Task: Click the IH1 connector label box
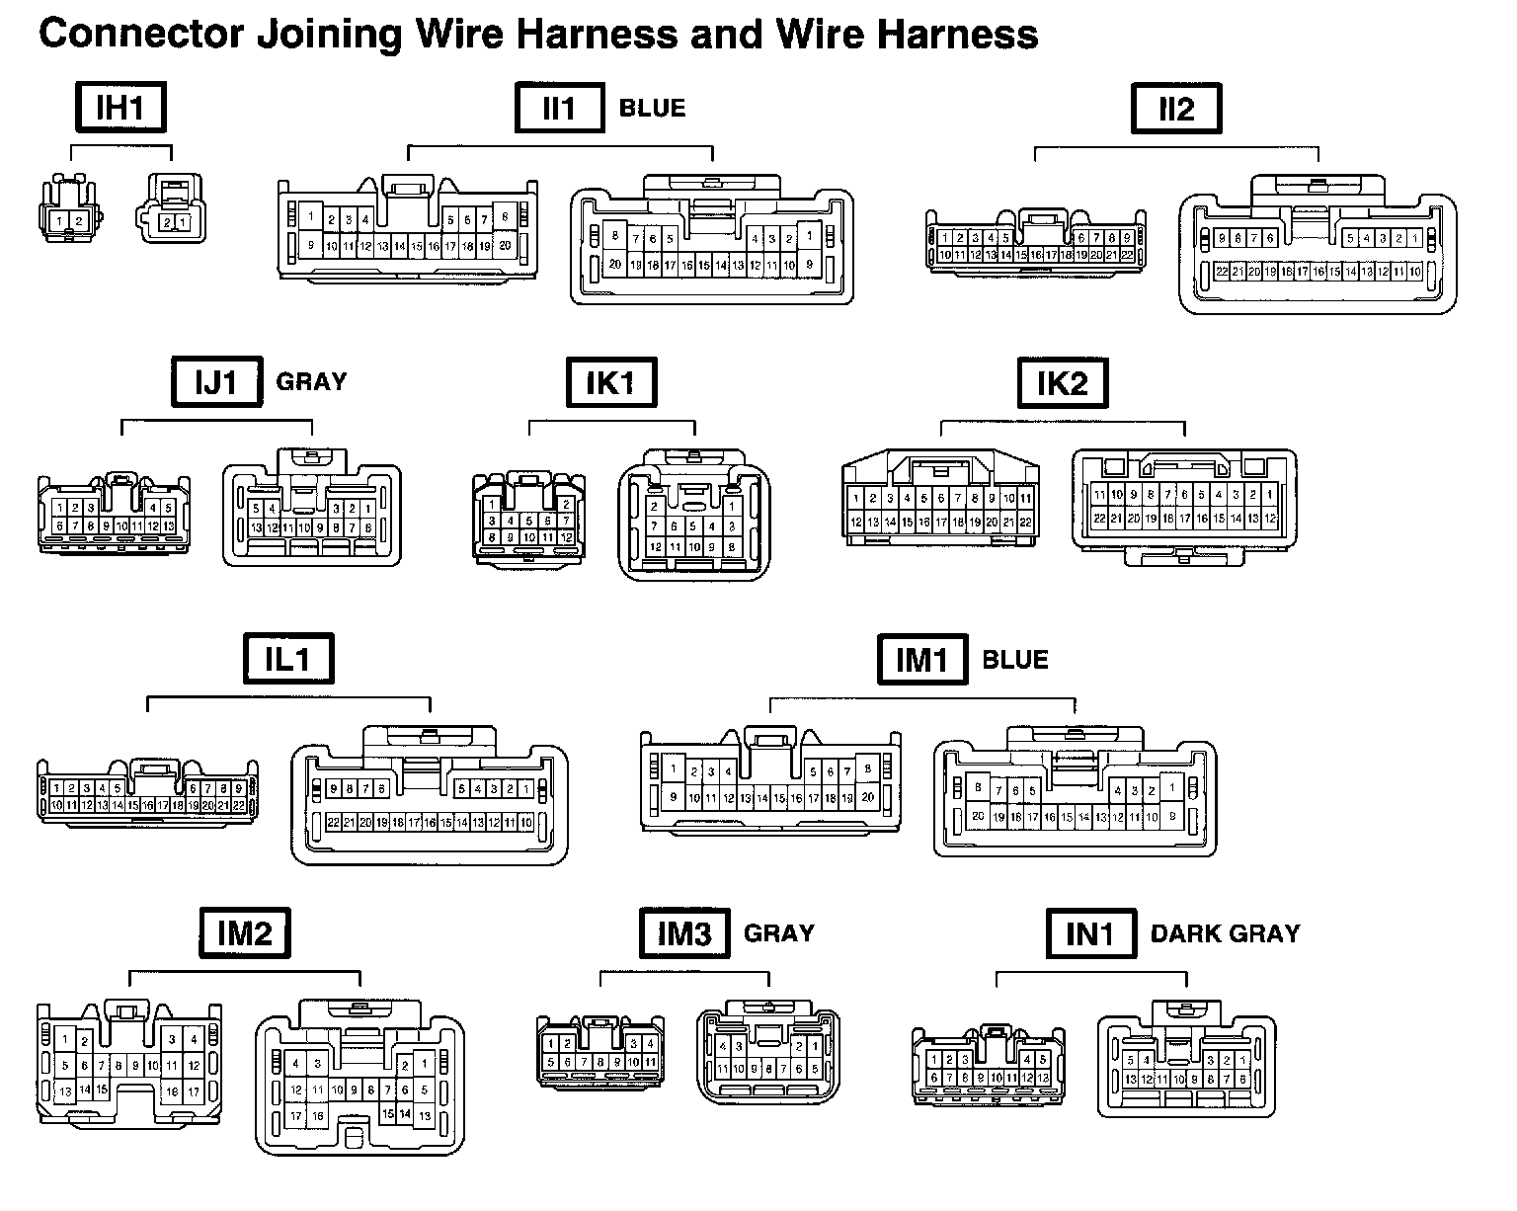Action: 120,108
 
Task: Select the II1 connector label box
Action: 559,108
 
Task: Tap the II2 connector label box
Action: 1175,108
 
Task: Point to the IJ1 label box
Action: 216,381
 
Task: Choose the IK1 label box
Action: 610,381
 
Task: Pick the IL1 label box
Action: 288,659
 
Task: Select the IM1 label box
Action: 922,659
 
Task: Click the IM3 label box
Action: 684,933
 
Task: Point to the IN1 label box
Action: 1090,933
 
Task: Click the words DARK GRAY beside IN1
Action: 1225,933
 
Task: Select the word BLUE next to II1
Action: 652,108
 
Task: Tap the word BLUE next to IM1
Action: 1015,659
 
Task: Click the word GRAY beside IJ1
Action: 311,381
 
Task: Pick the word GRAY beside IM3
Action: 778,933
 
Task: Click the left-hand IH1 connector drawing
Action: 68,209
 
